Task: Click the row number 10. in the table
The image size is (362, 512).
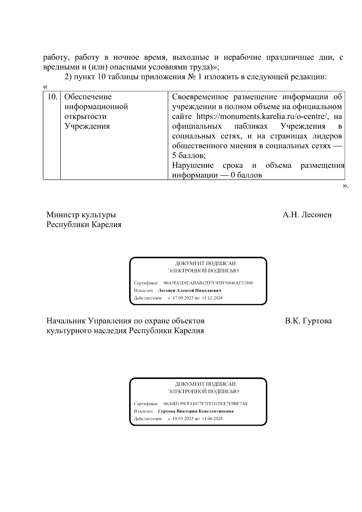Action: tap(52, 97)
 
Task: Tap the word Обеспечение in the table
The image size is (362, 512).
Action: tap(88, 97)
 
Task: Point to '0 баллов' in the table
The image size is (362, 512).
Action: tap(246, 175)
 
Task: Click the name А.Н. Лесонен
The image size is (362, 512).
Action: tap(307, 215)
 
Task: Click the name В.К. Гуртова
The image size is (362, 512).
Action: tap(308, 321)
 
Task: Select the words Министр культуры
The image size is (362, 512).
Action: tap(81, 215)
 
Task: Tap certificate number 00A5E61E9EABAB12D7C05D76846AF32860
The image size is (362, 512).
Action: tap(208, 283)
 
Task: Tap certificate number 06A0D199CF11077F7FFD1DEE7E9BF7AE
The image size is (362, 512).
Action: tap(206, 404)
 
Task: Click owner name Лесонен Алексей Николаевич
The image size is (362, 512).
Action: tap(189, 291)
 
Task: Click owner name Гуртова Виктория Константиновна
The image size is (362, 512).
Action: tap(195, 411)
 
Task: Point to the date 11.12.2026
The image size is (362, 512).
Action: tap(212, 298)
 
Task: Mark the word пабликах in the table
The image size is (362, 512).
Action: tap(251, 126)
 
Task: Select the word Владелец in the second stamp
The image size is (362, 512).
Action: tap(143, 411)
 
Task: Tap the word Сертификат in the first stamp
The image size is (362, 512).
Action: tap(146, 283)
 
